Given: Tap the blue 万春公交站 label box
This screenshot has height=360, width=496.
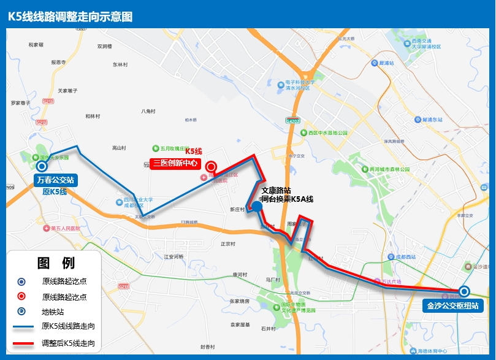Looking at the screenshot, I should pyautogui.click(x=55, y=180).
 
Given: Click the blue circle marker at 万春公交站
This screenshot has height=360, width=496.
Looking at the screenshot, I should pyautogui.click(x=42, y=166).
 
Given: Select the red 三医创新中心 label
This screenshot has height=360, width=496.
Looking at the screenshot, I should pyautogui.click(x=175, y=163).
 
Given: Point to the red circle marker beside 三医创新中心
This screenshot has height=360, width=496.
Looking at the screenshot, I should pyautogui.click(x=211, y=166).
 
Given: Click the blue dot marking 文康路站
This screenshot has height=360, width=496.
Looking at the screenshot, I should pyautogui.click(x=257, y=207).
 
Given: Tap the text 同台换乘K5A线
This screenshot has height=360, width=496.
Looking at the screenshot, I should pyautogui.click(x=287, y=199).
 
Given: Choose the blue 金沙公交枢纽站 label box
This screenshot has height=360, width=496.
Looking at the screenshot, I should pyautogui.click(x=452, y=305).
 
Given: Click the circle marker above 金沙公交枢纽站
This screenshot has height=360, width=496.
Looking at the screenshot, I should pyautogui.click(x=464, y=291).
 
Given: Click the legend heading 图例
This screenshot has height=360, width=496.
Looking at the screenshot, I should pyautogui.click(x=55, y=263).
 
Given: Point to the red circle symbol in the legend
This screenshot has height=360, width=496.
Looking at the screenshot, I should pyautogui.click(x=21, y=296).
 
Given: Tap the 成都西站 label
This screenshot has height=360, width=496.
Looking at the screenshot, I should pyautogui.click(x=408, y=257).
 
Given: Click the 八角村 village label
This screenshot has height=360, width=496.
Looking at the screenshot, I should pyautogui.click(x=149, y=111).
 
